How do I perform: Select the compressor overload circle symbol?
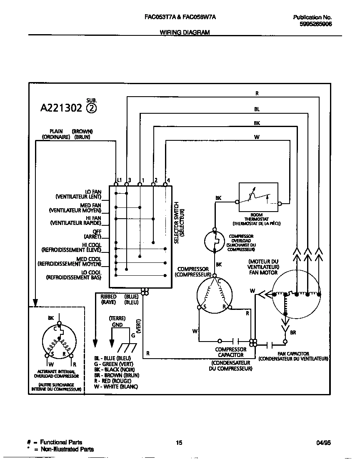tap(215, 241)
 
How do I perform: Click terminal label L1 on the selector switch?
tap(119, 180)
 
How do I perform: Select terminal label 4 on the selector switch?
tap(168, 180)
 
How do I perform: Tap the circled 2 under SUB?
tap(91, 108)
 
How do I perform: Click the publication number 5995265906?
tap(315, 24)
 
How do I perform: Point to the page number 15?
tap(179, 443)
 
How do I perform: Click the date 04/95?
tap(323, 443)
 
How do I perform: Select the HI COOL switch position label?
tap(92, 245)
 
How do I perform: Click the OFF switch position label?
tap(97, 232)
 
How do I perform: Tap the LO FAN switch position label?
tap(93, 192)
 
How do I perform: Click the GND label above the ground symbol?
tap(117, 324)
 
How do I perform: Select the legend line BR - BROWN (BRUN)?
tap(117, 375)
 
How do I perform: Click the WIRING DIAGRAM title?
tap(185, 32)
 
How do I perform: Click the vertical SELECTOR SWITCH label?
tap(177, 223)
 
